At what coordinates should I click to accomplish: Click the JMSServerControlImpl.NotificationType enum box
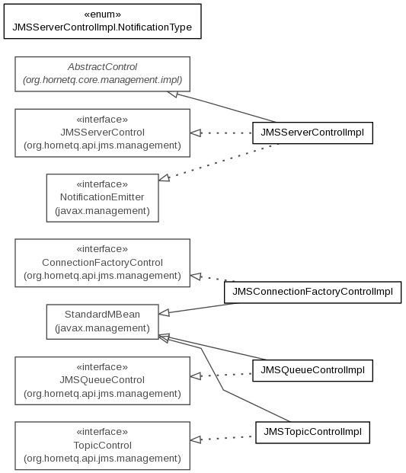point(103,21)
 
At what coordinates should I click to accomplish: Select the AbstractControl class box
point(103,74)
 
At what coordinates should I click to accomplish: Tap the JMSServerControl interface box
point(103,133)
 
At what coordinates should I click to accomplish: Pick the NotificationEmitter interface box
point(103,198)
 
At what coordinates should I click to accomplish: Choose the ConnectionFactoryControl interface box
point(103,263)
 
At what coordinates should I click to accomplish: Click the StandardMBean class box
point(103,321)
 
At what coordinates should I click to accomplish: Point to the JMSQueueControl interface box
point(103,381)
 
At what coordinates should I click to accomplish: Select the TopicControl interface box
point(103,446)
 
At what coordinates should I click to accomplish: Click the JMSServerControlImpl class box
point(312,133)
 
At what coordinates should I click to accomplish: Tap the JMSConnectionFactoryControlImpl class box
point(313,292)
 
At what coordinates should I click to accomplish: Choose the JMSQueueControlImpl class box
point(312,370)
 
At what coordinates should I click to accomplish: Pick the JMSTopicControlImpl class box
point(312,433)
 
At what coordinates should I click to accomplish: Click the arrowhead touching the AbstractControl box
point(173,94)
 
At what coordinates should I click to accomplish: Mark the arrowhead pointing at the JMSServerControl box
point(196,133)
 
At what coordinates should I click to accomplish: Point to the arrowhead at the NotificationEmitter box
point(164,178)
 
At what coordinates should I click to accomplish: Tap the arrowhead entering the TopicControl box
point(196,439)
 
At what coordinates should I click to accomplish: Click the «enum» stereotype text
point(103,14)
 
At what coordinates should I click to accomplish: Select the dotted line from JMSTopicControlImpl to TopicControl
point(223,438)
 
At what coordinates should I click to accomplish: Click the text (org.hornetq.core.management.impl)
point(103,80)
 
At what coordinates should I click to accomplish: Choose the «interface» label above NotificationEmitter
point(102,184)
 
